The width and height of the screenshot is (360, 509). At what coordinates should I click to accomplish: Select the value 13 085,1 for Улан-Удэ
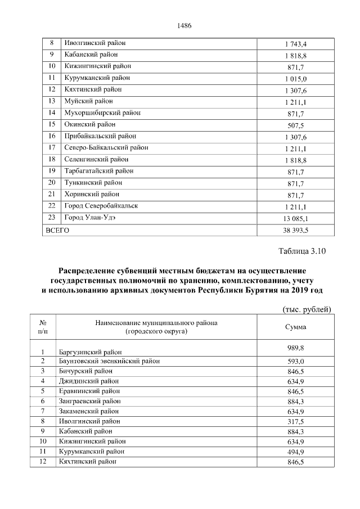click(295, 218)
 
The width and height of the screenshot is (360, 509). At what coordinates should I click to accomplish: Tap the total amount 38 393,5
click(295, 230)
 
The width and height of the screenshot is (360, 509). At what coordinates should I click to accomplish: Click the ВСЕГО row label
click(57, 230)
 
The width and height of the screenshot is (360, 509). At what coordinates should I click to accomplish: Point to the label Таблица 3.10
click(302, 251)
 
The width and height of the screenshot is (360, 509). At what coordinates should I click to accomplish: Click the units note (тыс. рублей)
click(306, 309)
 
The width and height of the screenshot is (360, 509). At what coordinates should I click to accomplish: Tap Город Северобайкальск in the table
click(101, 206)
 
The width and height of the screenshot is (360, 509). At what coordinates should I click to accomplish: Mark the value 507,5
click(295, 125)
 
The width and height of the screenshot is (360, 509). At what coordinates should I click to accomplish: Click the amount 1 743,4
click(295, 44)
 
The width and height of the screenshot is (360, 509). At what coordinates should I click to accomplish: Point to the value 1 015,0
click(295, 79)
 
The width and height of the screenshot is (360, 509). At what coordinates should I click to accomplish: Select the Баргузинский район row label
click(90, 352)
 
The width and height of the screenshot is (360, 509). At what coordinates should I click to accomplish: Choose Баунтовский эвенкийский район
click(109, 361)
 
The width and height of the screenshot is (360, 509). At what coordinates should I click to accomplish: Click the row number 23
click(52, 218)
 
